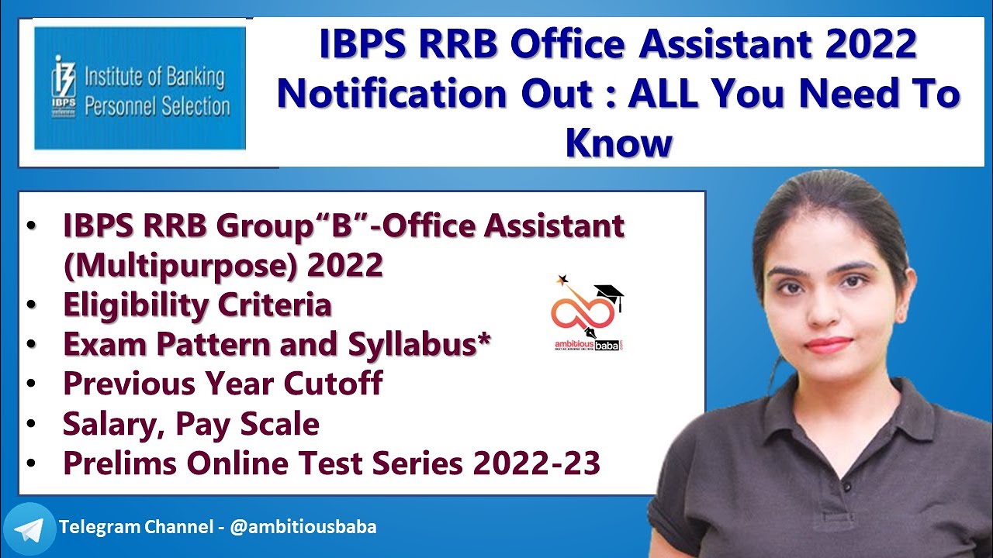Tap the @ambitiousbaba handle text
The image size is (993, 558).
(303, 527)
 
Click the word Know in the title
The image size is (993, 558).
(618, 142)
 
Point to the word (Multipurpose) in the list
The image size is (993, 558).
(182, 265)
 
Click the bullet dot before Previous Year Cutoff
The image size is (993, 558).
(30, 384)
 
